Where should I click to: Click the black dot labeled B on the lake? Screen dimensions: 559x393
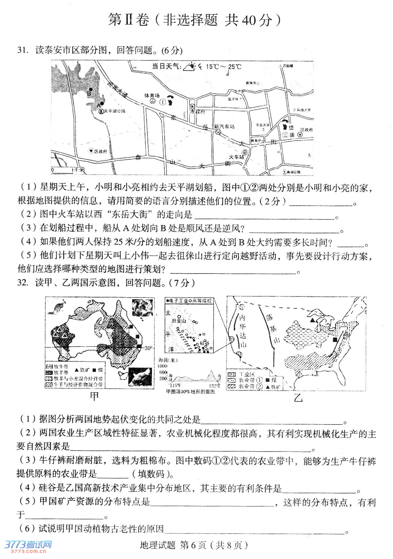pyautogui.click(x=91, y=89)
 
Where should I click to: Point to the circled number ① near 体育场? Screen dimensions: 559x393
pyautogui.click(x=162, y=102)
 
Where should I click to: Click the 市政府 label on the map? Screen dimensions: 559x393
pyautogui.click(x=198, y=111)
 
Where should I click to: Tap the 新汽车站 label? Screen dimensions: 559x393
pyautogui.click(x=224, y=126)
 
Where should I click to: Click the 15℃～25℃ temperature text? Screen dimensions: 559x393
pyautogui.click(x=224, y=67)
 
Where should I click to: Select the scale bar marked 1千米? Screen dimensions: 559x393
pyautogui.click(x=68, y=169)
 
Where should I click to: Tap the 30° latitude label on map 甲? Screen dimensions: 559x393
pyautogui.click(x=148, y=348)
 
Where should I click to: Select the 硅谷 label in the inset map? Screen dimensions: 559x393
pyautogui.click(x=204, y=343)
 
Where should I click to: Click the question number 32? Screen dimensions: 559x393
pyautogui.click(x=22, y=282)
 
